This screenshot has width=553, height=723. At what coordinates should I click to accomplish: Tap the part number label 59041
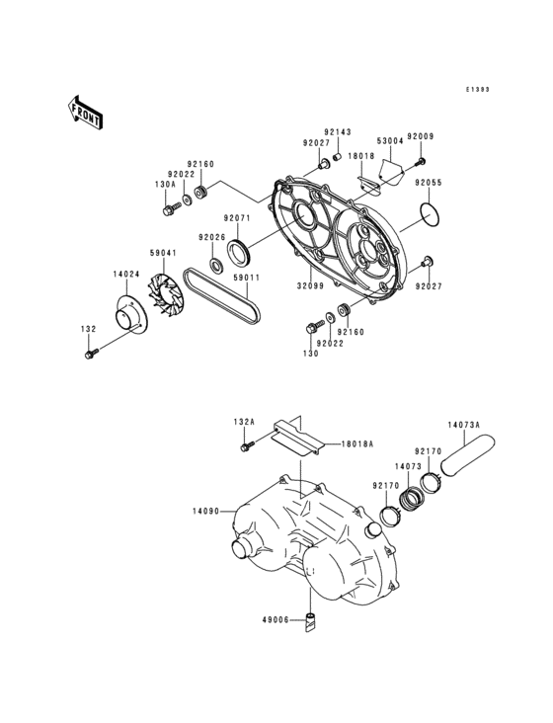[163, 253]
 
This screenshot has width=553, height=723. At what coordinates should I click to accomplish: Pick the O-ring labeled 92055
[428, 213]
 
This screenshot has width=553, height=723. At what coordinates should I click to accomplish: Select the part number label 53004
[390, 140]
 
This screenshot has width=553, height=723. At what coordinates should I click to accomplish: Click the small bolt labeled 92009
[421, 160]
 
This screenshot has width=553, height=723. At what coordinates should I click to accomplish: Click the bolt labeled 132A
[244, 448]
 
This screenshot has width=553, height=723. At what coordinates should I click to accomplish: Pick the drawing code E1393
[479, 89]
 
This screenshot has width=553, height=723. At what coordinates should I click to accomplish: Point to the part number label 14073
[408, 464]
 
